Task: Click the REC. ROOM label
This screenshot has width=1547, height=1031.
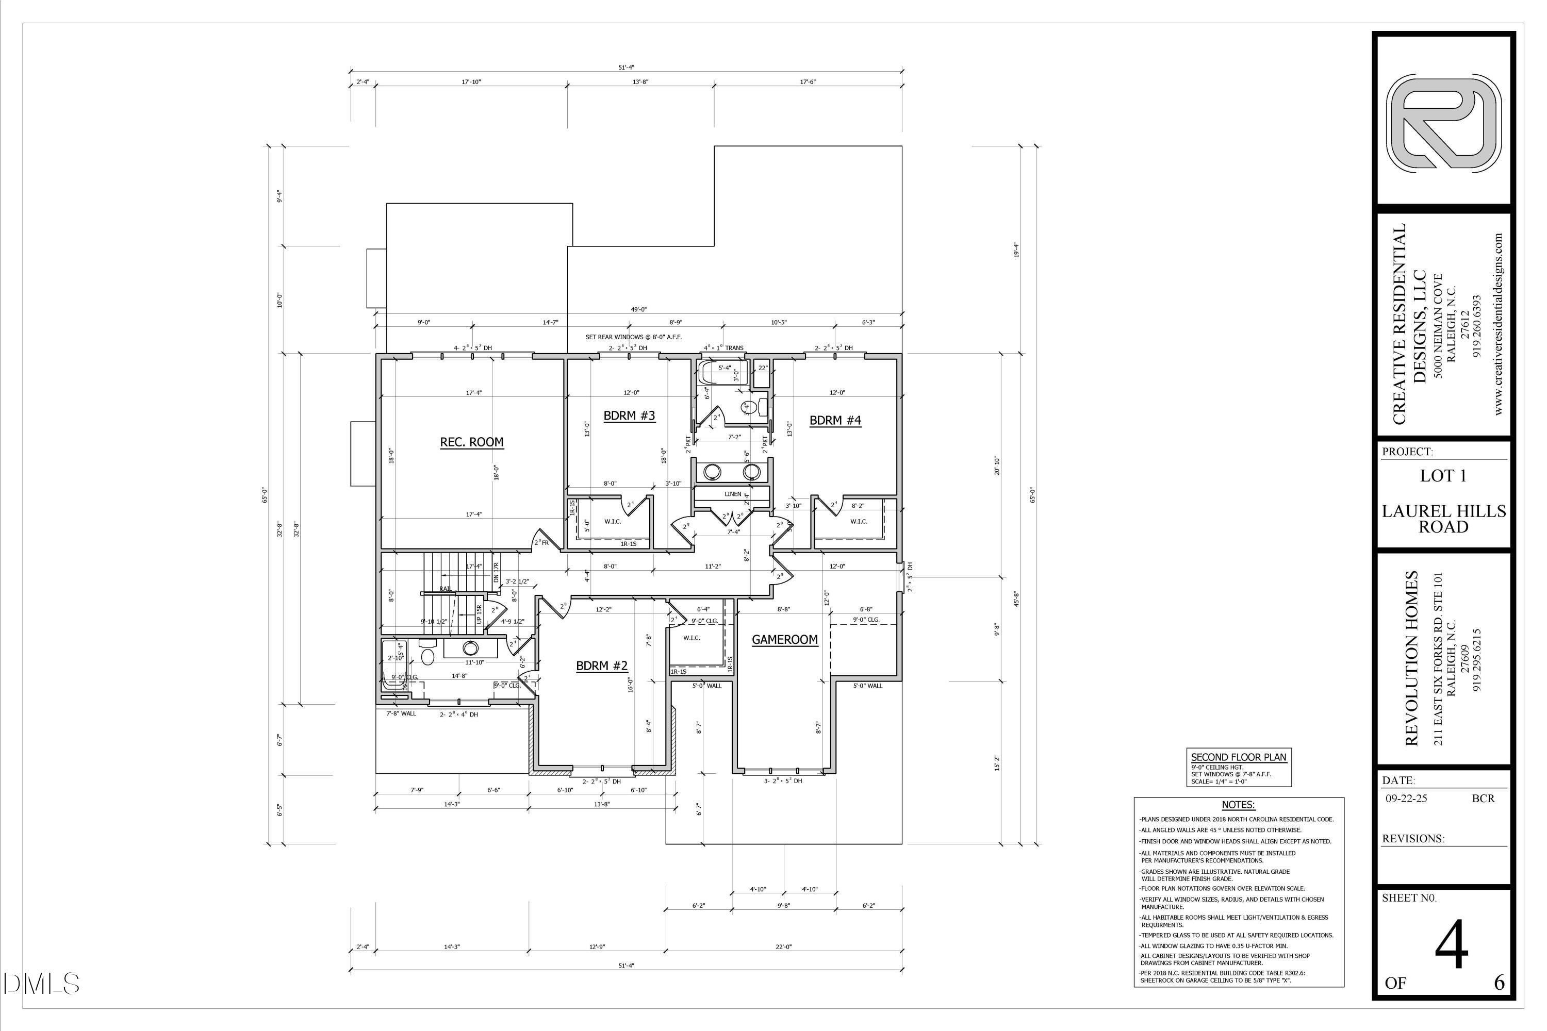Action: pos(472,442)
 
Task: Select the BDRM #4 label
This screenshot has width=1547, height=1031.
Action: pos(835,420)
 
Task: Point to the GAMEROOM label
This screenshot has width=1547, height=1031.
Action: pos(785,639)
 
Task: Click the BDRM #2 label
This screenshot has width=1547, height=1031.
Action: pos(601,666)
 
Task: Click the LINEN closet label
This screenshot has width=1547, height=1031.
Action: pos(733,494)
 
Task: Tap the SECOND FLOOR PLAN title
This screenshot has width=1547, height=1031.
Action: pos(1239,757)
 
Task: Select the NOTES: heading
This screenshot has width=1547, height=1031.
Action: pos(1238,805)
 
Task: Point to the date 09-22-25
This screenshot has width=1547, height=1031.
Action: pos(1407,798)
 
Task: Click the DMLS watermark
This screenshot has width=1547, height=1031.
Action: pos(41,984)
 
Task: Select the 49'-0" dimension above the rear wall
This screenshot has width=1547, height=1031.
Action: pos(639,309)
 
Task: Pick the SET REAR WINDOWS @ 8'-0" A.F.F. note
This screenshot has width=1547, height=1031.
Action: pos(633,337)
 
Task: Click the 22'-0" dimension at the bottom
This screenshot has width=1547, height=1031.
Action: pos(783,947)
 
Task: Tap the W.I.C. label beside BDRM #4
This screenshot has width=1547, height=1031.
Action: pos(859,521)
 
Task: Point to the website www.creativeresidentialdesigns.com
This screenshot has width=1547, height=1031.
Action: pos(1499,324)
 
